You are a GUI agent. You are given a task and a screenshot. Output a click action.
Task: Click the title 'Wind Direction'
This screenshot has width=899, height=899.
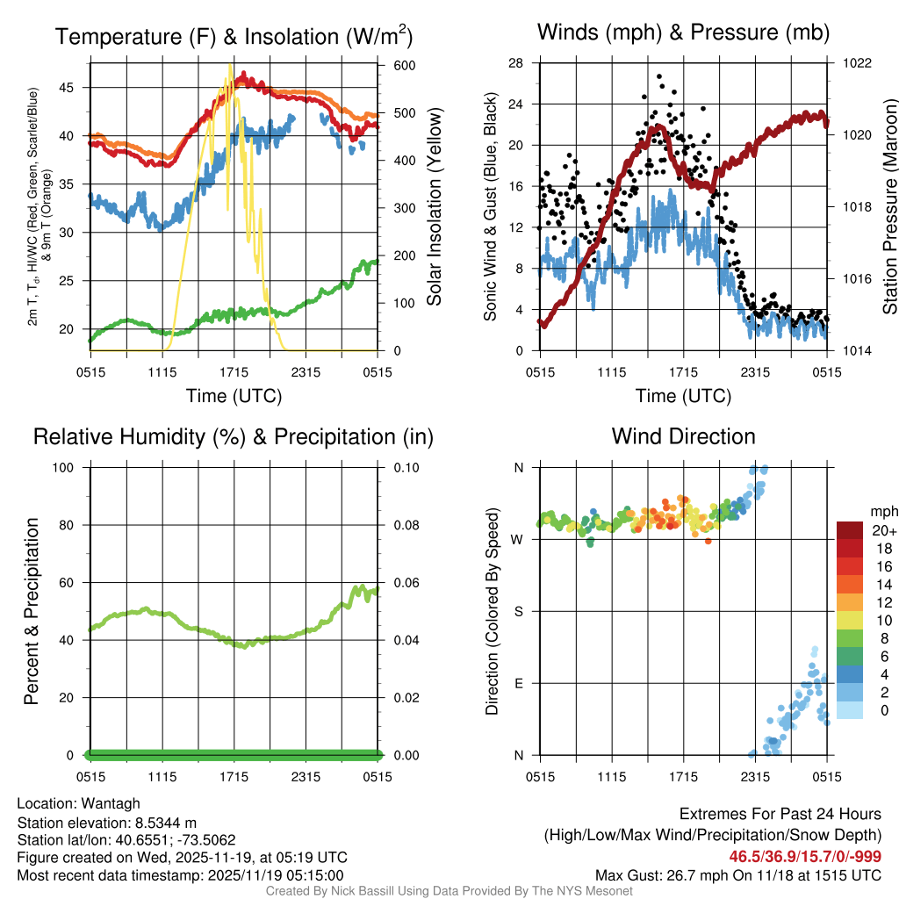pos(683,436)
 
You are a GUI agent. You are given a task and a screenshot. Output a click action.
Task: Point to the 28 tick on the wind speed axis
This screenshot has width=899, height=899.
pos(516,63)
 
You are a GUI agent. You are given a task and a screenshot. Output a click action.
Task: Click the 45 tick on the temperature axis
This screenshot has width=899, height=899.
pos(69,88)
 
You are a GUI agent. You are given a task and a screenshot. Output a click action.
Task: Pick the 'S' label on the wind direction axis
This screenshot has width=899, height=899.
pos(519,611)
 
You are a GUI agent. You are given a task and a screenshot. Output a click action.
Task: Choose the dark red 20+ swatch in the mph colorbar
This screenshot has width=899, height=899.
pos(852,530)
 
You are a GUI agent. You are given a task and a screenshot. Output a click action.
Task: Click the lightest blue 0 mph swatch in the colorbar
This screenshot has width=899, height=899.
pos(852,710)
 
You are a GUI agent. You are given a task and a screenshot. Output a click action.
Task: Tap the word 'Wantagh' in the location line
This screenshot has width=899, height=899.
pos(111,803)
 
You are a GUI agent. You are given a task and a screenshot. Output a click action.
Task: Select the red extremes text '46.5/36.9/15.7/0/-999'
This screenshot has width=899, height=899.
pos(805,856)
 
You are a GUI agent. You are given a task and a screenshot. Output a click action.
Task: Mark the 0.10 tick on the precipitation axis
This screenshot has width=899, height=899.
pos(406,468)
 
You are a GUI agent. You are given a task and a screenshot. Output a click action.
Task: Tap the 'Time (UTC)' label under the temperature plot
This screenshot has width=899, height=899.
pos(234,396)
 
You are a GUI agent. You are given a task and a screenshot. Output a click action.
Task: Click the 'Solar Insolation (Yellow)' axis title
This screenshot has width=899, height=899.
pos(434,207)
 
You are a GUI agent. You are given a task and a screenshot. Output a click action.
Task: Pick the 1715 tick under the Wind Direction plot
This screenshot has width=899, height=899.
pos(684,777)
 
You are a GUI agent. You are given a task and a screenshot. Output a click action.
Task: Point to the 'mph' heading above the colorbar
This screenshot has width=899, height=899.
pos(882,511)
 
